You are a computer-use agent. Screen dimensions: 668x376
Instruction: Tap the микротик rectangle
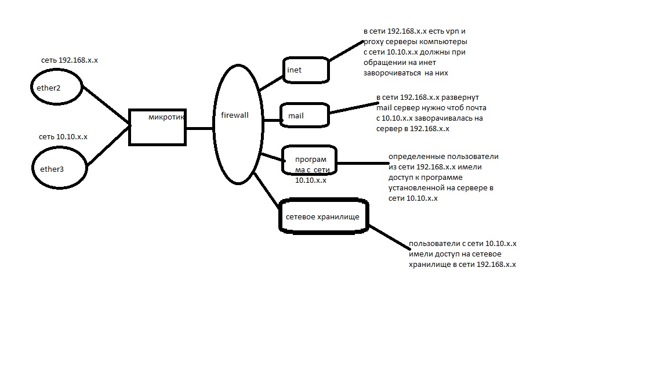point(129,128)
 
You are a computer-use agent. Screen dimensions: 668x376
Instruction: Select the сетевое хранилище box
point(280,216)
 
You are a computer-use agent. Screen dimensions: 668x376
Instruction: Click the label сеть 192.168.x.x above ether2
point(70,60)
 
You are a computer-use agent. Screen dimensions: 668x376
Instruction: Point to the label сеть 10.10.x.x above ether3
point(63,137)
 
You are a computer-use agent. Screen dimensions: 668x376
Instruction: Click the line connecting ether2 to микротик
point(106,106)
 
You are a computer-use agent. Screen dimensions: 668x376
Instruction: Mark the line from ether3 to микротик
point(108,146)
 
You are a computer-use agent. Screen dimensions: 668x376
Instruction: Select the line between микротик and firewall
point(199,128)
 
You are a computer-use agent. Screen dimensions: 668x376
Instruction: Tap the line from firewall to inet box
point(271,84)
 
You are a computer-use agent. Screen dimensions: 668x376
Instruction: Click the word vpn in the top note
point(452,31)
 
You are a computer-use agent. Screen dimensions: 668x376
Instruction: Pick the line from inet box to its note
point(346,50)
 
